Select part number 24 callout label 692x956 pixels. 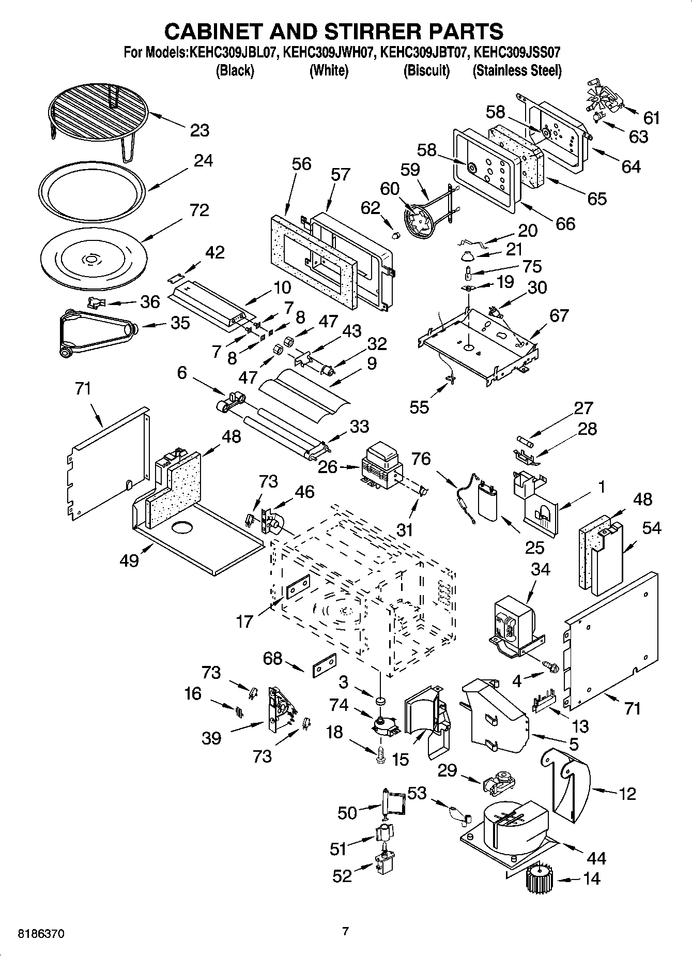pos(203,161)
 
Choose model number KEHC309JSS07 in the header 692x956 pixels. pos(517,52)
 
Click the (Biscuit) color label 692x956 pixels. pos(426,70)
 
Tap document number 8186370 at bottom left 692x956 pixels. pos(41,934)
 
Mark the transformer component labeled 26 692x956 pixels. pos(382,467)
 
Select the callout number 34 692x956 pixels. pos(541,569)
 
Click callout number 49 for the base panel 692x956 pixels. pos(129,560)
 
